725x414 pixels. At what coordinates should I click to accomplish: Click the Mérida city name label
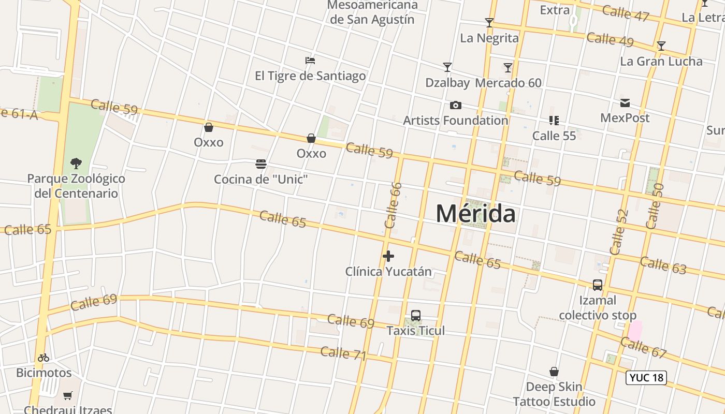[475, 213]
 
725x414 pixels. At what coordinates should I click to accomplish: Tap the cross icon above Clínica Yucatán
[388, 256]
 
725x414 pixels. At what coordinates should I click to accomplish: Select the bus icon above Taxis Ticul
[416, 316]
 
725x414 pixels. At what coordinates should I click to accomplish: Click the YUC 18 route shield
[646, 378]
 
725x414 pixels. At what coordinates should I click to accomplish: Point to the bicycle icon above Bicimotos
[44, 358]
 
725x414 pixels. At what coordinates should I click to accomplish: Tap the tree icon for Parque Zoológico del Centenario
[76, 164]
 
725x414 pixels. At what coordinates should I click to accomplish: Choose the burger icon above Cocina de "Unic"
[261, 165]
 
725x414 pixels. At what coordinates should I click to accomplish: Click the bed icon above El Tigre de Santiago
[310, 61]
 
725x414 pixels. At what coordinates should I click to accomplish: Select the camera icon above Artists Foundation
[456, 106]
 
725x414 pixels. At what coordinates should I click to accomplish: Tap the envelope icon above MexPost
[625, 103]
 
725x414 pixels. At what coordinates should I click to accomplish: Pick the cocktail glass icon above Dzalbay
[447, 67]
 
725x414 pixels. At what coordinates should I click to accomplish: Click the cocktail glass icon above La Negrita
[489, 23]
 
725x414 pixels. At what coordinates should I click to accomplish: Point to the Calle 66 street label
[394, 205]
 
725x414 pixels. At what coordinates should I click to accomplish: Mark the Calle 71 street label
[343, 353]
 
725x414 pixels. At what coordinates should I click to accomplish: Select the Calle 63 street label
[663, 264]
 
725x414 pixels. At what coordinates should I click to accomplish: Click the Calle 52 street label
[619, 232]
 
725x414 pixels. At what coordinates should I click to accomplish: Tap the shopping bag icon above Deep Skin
[554, 372]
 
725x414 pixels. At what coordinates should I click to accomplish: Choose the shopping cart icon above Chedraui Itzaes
[68, 396]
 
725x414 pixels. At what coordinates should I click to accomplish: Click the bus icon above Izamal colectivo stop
[598, 285]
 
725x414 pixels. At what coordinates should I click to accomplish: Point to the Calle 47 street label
[625, 13]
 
